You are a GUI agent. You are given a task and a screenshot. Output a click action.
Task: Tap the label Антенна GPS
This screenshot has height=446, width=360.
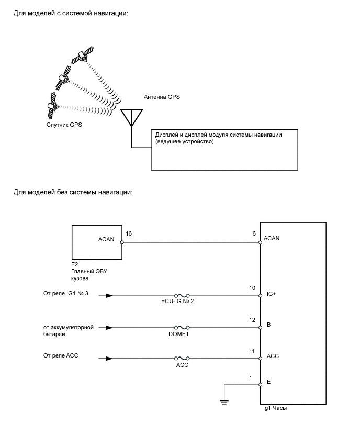(162, 97)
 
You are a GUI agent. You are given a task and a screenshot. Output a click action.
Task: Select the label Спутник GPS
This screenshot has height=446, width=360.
(64, 125)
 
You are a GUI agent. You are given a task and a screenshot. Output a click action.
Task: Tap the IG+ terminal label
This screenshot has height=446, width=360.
(272, 295)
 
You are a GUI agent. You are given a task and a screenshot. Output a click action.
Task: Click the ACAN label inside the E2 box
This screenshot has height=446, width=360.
(106, 240)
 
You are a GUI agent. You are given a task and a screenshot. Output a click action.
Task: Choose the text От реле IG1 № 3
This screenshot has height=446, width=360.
(66, 293)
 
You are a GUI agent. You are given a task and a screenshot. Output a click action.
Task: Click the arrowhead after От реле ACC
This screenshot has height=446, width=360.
(109, 359)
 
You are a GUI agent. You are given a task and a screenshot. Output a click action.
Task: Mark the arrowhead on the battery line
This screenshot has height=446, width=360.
(109, 328)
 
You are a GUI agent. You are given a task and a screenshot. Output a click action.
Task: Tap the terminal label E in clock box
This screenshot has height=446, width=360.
(268, 382)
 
